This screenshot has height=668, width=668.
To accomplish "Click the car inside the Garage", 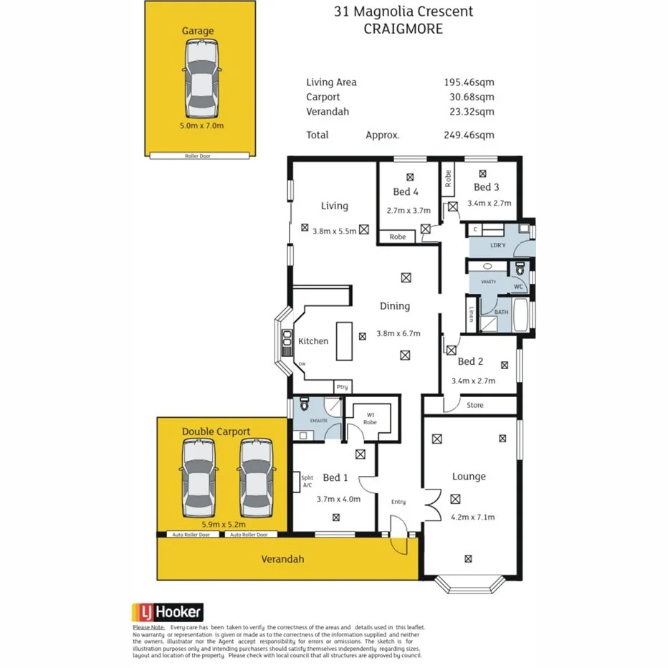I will click(x=200, y=79).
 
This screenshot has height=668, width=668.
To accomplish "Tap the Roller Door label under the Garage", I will click(x=200, y=156).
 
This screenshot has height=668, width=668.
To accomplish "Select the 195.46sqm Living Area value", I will click(x=469, y=82).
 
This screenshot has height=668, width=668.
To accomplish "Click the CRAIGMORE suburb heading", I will click(x=404, y=29).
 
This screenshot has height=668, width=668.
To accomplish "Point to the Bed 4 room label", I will click(x=406, y=191).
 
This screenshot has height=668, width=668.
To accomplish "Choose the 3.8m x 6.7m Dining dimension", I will click(x=398, y=333).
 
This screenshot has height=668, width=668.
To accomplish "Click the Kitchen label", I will click(x=313, y=341).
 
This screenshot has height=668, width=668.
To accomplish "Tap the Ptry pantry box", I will click(x=343, y=387).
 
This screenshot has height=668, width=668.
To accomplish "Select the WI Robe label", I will click(x=371, y=418).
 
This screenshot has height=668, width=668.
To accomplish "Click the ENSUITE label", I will click(x=318, y=421).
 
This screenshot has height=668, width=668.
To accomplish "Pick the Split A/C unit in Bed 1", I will click(x=307, y=481).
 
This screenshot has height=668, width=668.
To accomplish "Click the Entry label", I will click(x=398, y=502).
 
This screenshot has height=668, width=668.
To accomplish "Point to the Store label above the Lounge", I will click(x=475, y=406).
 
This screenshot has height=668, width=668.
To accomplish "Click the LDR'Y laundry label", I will click(x=498, y=245).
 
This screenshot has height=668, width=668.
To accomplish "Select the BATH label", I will click(x=501, y=312).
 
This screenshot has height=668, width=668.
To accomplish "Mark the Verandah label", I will click(x=283, y=559).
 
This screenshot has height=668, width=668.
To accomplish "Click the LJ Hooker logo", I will click(x=168, y=612).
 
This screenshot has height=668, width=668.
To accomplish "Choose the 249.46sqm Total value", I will click(x=469, y=135).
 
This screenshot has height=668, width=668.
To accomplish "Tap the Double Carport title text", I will click(x=216, y=431).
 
